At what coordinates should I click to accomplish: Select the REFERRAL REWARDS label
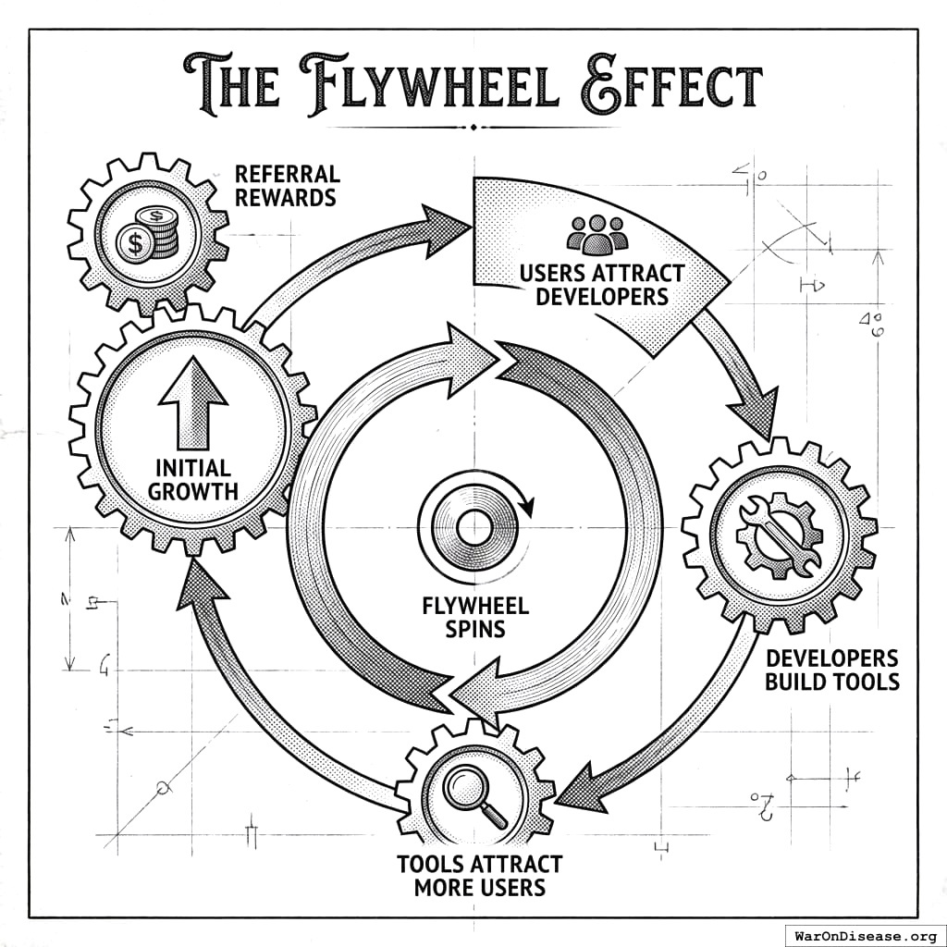287,185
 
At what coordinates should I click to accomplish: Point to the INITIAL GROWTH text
193,477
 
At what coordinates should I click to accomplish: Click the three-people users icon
597,235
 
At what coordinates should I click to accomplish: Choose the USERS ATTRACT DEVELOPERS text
602,285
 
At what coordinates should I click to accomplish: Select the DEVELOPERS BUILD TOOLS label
830,670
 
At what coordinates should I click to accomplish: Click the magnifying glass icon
474,796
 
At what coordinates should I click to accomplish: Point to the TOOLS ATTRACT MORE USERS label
479,876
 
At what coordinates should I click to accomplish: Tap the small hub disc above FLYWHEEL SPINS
474,527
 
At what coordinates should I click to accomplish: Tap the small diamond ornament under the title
473,127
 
